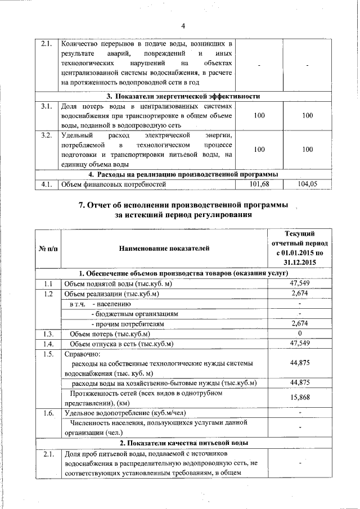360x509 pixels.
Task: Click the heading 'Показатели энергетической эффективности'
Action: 183,96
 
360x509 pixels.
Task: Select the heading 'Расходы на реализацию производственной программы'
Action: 183,174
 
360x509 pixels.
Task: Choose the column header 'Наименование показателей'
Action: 164,247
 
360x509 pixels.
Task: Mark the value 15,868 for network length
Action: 300,398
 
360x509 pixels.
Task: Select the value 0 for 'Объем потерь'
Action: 300,334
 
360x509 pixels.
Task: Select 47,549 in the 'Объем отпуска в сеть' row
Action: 300,344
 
